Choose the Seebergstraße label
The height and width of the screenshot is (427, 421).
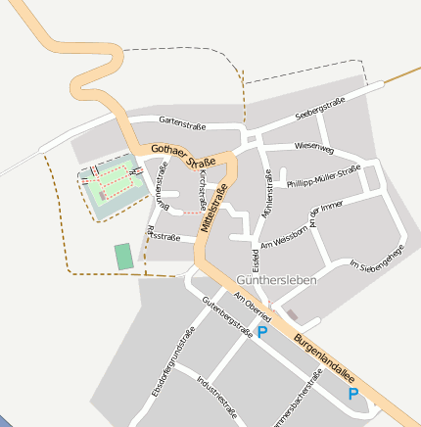[321, 110]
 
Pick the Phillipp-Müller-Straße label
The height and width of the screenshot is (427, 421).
[323, 176]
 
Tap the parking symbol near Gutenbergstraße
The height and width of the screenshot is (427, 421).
[261, 333]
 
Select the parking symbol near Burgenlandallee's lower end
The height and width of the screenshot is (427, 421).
[352, 394]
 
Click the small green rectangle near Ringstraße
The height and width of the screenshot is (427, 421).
[123, 257]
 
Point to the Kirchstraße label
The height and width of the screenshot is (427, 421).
[202, 185]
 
